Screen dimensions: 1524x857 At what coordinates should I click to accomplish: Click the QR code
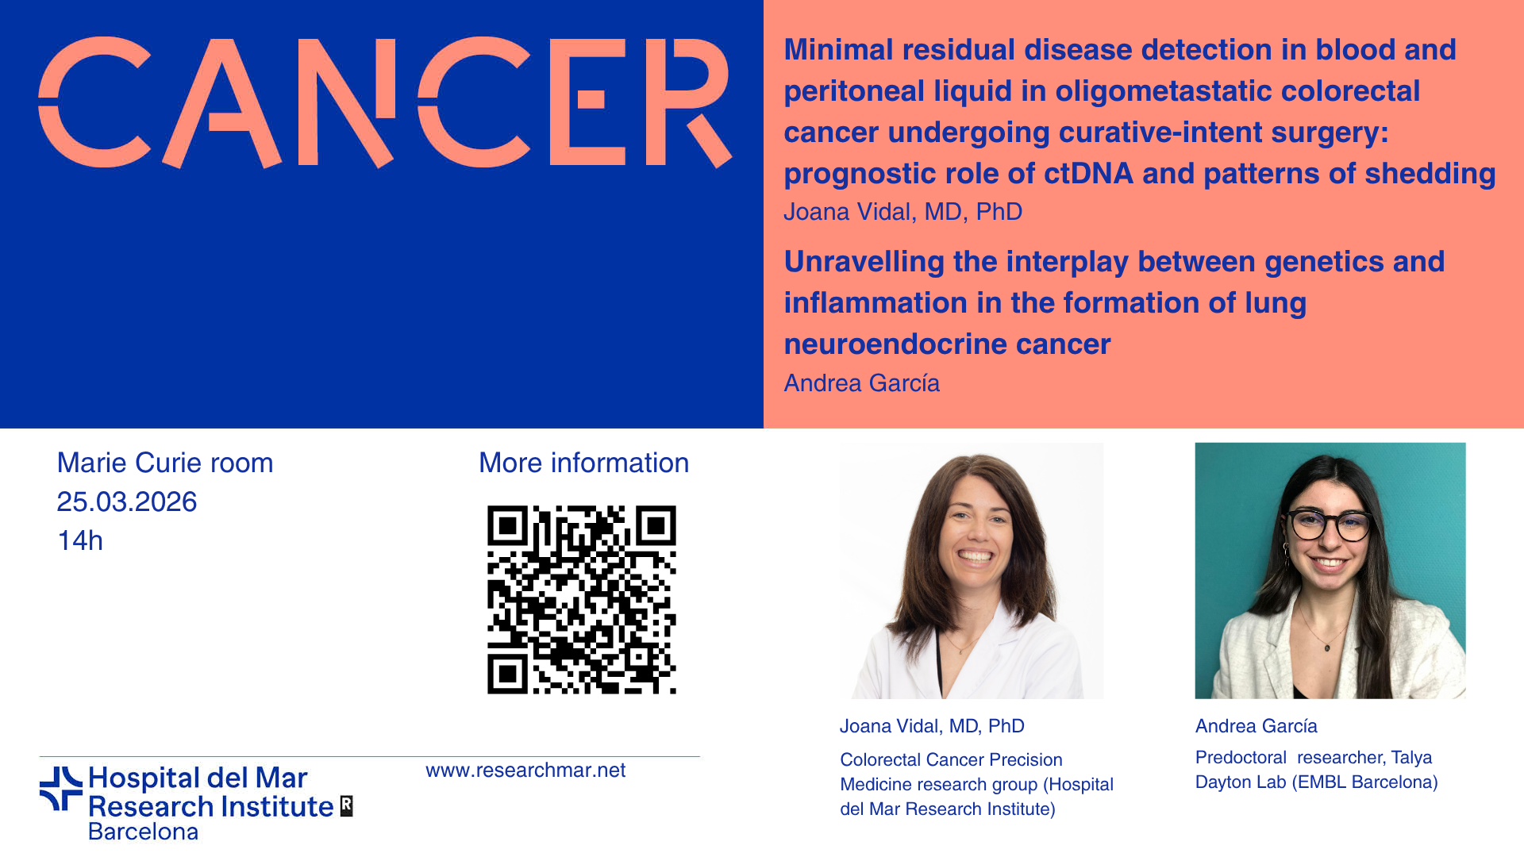(x=582, y=600)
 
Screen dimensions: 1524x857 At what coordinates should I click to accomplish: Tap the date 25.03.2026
(x=127, y=502)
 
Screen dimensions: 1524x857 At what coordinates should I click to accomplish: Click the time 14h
(x=80, y=541)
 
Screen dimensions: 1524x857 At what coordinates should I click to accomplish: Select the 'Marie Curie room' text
(x=165, y=463)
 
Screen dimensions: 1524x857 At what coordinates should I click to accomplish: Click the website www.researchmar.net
(x=525, y=771)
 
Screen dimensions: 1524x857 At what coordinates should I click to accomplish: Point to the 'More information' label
(x=584, y=463)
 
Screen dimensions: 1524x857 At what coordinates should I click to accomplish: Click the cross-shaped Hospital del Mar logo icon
(x=61, y=789)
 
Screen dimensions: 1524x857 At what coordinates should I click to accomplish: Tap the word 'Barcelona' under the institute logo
(x=144, y=832)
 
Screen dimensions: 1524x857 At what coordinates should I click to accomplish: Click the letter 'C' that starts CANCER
(x=94, y=102)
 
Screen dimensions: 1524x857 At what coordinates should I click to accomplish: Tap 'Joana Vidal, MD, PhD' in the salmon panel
(x=903, y=212)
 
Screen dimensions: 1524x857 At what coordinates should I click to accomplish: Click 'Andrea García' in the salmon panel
(x=862, y=383)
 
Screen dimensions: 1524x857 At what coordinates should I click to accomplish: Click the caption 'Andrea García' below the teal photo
(x=1257, y=726)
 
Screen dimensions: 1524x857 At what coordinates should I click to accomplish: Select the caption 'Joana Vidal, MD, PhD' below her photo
(x=933, y=726)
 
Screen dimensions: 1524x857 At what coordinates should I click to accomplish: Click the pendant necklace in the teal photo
(x=1328, y=646)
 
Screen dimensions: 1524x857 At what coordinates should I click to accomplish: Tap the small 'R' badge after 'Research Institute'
(x=346, y=806)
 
